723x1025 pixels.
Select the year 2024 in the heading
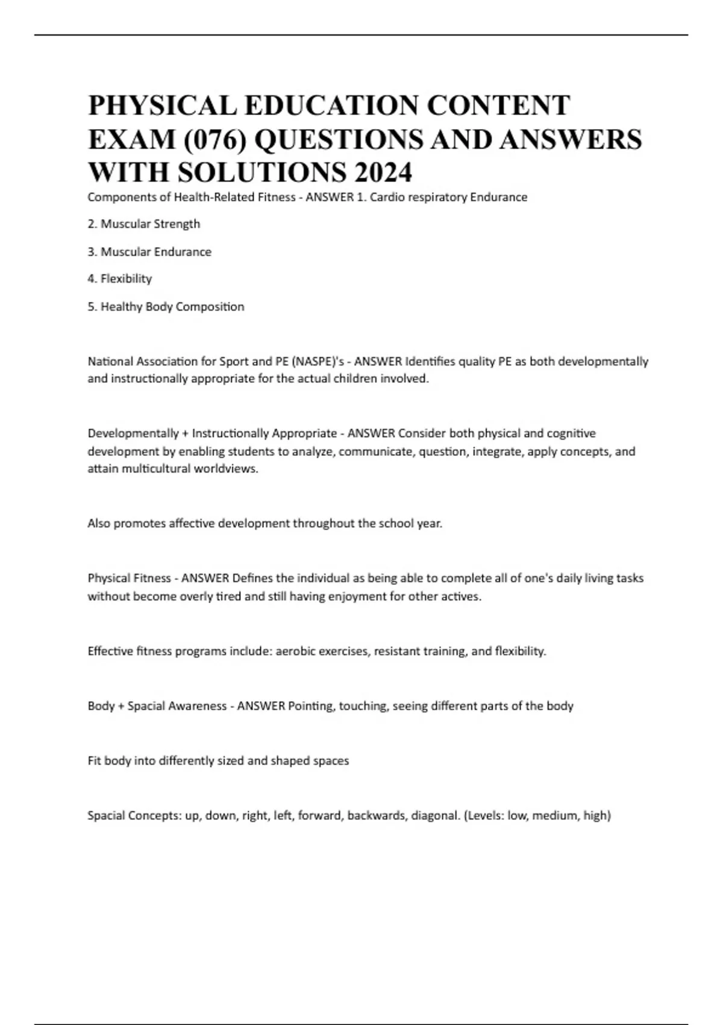pos(383,172)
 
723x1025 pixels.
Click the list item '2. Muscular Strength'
pos(143,224)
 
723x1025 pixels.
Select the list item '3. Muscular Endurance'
pos(149,251)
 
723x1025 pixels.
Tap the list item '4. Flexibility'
pos(119,279)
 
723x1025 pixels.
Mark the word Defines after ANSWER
pos(252,578)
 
